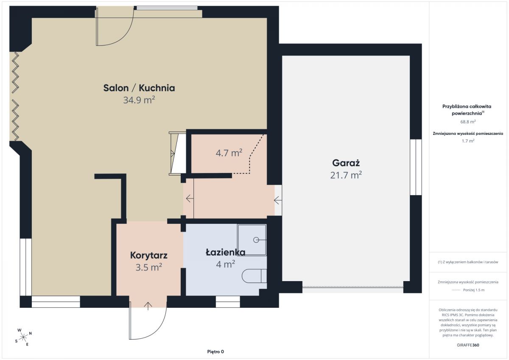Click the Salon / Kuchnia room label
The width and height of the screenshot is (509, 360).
139,88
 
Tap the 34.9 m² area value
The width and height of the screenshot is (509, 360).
139,100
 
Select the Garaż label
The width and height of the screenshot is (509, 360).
346,163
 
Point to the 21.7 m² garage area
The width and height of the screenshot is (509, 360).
346,175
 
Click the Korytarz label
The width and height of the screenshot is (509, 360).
149,255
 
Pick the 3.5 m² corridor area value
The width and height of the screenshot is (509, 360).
149,267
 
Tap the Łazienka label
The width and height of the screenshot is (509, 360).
225,252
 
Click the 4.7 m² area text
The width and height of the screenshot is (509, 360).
229,153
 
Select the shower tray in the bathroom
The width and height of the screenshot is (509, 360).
252,240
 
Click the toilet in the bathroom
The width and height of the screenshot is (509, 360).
254,276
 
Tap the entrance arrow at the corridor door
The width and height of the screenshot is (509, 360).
148,306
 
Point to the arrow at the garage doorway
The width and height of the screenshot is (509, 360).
278,201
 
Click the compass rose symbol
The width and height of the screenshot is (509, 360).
23,337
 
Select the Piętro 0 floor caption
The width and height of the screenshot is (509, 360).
215,352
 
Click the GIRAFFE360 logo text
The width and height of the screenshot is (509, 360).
468,345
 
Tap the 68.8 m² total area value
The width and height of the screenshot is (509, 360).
468,122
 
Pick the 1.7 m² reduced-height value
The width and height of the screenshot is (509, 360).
468,141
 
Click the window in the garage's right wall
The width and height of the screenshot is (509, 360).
416,167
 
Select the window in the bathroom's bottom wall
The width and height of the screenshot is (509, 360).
228,301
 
